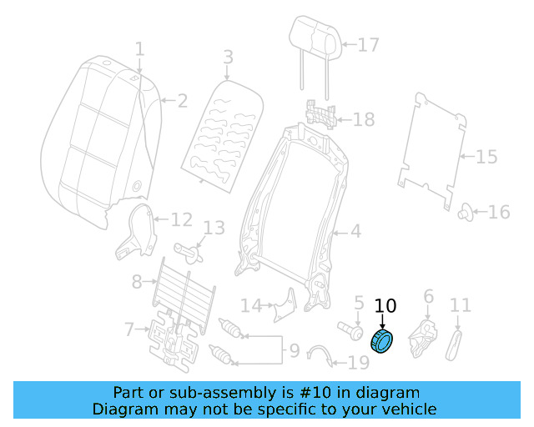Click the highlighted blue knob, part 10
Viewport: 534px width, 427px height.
384,341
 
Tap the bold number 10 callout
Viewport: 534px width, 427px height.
385,307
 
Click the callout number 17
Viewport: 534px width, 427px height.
368,45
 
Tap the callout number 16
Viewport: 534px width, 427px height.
498,213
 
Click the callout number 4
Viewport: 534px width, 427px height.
355,231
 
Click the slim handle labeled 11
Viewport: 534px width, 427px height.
455,341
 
